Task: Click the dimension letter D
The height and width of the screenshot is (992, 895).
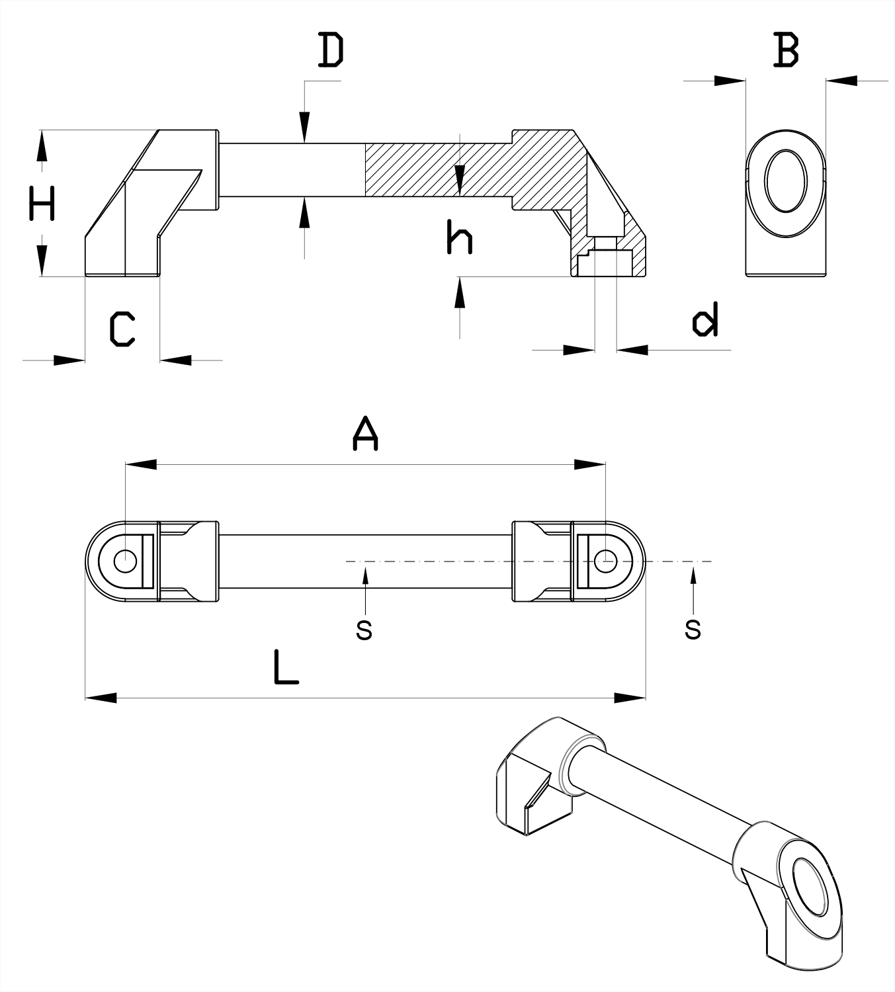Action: pos(331,52)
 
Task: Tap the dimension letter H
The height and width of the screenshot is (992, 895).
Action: pos(42,203)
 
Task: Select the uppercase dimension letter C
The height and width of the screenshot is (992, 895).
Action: pos(122,329)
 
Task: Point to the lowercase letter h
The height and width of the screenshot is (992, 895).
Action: pos(459,237)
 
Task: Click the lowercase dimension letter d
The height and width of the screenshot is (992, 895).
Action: pos(705,320)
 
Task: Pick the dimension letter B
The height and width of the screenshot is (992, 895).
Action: pos(786,50)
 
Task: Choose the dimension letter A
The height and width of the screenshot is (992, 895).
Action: pos(365,434)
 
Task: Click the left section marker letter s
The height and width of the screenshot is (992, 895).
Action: pos(364,630)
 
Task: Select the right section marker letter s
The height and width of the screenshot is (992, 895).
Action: pos(693,630)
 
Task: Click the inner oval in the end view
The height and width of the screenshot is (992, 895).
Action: pos(786,181)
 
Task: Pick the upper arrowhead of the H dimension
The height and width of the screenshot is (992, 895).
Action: pos(42,145)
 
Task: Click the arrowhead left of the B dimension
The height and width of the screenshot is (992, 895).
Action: pos(730,81)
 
